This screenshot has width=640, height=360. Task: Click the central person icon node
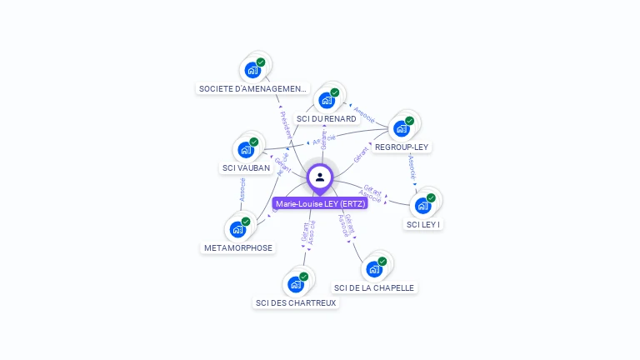320,177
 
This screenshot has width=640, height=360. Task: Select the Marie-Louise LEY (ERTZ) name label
321,204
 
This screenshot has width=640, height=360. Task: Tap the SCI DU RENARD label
327,119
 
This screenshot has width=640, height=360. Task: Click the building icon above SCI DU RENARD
327,100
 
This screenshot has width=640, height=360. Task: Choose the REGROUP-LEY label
402,147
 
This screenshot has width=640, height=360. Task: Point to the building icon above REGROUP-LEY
402,128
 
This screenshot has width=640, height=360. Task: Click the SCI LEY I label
423,224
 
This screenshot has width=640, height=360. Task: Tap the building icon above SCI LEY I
423,205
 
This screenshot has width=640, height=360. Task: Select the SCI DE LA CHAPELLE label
374,288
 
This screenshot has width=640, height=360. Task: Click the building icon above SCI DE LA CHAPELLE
374,268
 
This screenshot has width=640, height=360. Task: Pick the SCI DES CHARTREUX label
296,303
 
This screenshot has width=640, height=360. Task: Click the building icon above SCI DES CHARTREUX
296,284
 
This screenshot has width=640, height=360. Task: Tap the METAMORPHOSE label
238,248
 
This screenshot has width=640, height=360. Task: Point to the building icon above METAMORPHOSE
237,229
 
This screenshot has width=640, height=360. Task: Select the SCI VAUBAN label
246,168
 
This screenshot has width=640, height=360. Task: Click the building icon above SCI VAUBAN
246,149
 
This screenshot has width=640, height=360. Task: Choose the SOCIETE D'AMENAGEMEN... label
253,88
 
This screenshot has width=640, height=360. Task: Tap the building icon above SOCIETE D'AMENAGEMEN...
252,70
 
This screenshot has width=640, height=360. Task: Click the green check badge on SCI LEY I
431,198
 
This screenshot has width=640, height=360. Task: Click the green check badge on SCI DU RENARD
334,92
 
